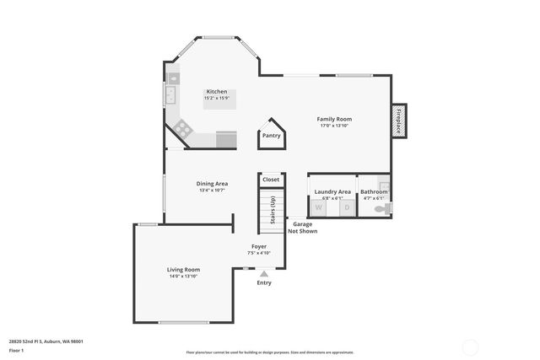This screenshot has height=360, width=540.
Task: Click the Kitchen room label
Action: click(217, 91)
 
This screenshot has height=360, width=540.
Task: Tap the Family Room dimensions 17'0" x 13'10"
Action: click(334, 126)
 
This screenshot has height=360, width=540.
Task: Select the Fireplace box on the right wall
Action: click(399, 120)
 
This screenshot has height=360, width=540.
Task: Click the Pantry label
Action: click(271, 136)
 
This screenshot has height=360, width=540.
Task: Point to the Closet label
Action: click(271, 180)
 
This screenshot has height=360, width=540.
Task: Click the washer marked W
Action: click(319, 207)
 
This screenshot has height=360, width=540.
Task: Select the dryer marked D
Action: click(345, 207)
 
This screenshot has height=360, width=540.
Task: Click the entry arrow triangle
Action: click(264, 273)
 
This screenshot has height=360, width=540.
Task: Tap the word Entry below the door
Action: click(264, 282)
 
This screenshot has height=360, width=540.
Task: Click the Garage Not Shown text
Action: click(302, 228)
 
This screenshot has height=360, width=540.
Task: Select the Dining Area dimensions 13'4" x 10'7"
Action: click(213, 191)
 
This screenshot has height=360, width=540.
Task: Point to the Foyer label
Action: click(259, 246)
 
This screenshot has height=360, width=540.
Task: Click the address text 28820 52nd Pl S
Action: click(46, 341)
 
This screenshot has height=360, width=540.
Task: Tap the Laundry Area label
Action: click(332, 192)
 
